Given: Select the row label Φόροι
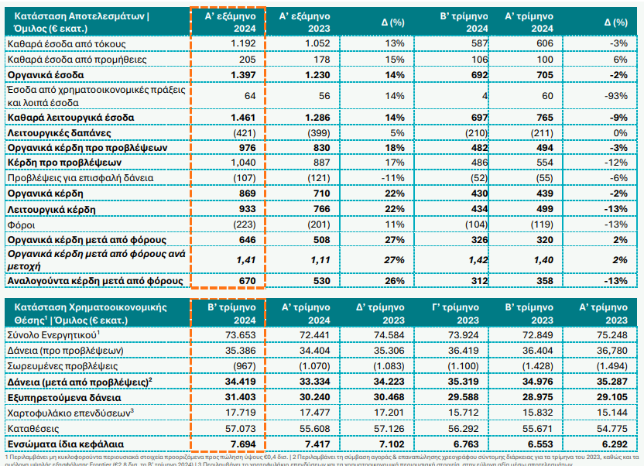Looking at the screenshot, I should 21,224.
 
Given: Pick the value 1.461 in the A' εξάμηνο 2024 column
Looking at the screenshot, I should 242,118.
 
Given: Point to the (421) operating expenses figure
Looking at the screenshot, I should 243,133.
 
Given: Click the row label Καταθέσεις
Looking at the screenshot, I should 33,428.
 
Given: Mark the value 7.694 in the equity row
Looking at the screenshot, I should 242,444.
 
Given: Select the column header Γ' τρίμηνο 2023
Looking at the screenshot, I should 456,312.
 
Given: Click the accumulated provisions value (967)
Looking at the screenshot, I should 242,365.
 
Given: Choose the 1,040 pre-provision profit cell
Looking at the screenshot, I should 242,163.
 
